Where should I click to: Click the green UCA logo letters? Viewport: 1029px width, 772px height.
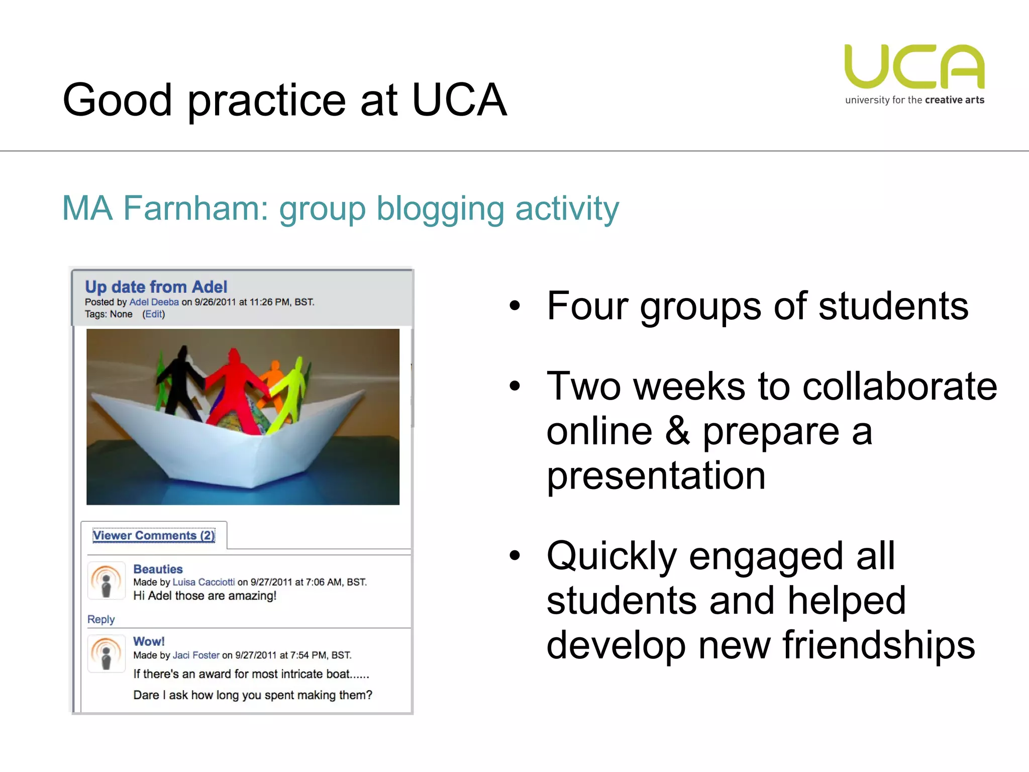[x=914, y=67]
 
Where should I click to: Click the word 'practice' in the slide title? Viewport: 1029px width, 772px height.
[x=266, y=101]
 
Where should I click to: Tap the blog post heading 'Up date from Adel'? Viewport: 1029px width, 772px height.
[x=156, y=287]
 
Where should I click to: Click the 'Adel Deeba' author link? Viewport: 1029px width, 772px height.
[x=154, y=302]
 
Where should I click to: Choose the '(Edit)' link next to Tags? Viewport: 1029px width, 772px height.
[x=153, y=314]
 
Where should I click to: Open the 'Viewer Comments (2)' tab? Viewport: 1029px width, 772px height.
[x=154, y=536]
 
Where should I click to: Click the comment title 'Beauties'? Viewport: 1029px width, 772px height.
[x=158, y=569]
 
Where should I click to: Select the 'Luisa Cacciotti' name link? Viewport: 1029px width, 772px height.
[x=203, y=582]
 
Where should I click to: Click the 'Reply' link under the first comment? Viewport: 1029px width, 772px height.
[x=101, y=619]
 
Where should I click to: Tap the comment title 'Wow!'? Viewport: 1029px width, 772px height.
[x=149, y=641]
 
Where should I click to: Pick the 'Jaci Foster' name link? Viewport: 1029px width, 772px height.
[x=196, y=655]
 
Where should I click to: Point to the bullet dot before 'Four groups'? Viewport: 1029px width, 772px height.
[x=514, y=306]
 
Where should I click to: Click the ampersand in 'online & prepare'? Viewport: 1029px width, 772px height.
[x=677, y=431]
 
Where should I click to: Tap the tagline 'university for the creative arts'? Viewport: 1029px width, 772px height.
[x=914, y=100]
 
